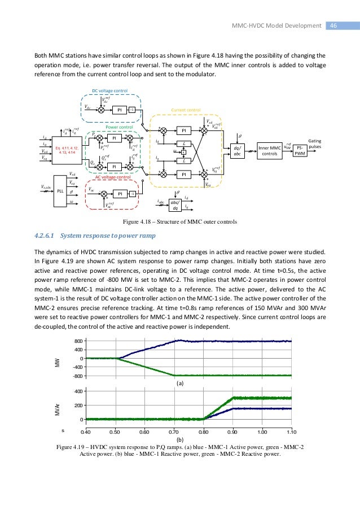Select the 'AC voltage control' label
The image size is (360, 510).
[x=113, y=177]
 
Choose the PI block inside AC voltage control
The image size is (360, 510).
[x=120, y=193]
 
